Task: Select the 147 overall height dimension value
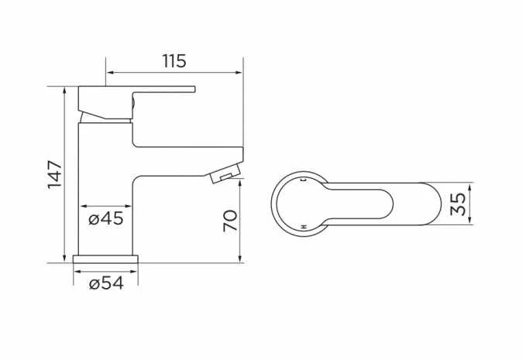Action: (x=53, y=175)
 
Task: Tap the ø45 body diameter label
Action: (x=106, y=218)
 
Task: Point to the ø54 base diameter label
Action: (x=106, y=283)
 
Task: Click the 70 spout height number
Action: (x=230, y=220)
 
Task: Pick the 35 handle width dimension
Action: (x=459, y=204)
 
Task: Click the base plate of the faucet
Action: (x=106, y=259)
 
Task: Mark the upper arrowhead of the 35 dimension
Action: (x=470, y=187)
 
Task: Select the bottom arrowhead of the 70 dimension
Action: (x=242, y=258)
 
